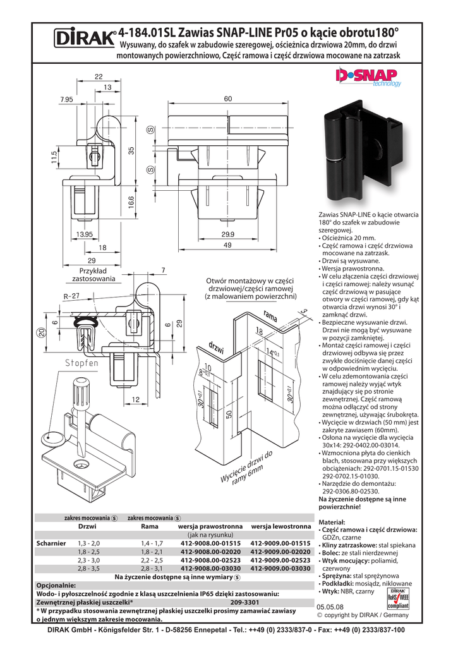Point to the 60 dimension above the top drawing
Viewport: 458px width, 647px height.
(227, 99)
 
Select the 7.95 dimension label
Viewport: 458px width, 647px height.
(67, 100)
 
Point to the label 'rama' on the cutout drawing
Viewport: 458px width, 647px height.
(271, 317)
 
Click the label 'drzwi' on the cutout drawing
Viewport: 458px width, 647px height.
(215, 348)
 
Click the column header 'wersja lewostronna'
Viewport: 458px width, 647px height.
(280, 526)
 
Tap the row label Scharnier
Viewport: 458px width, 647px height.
(51, 543)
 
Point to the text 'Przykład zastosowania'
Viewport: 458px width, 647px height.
(93, 274)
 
